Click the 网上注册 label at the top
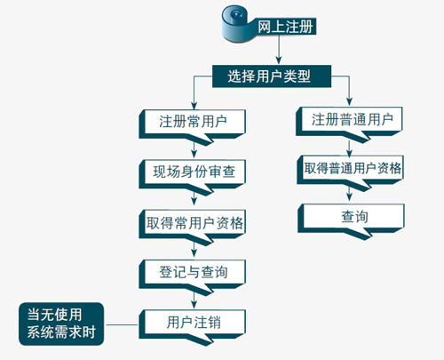click(285, 27)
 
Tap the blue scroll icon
click(235, 24)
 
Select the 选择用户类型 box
click(272, 76)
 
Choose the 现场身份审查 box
click(193, 176)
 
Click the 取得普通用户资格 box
click(350, 172)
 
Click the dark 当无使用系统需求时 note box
click(61, 324)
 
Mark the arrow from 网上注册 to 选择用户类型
click(278, 49)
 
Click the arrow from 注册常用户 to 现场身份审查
click(194, 150)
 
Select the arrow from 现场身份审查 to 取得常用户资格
click(194, 198)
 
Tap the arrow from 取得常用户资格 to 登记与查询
click(194, 249)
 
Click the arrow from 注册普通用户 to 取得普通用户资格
click(349, 148)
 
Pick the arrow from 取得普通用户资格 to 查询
click(349, 194)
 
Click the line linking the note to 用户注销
click(122, 324)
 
